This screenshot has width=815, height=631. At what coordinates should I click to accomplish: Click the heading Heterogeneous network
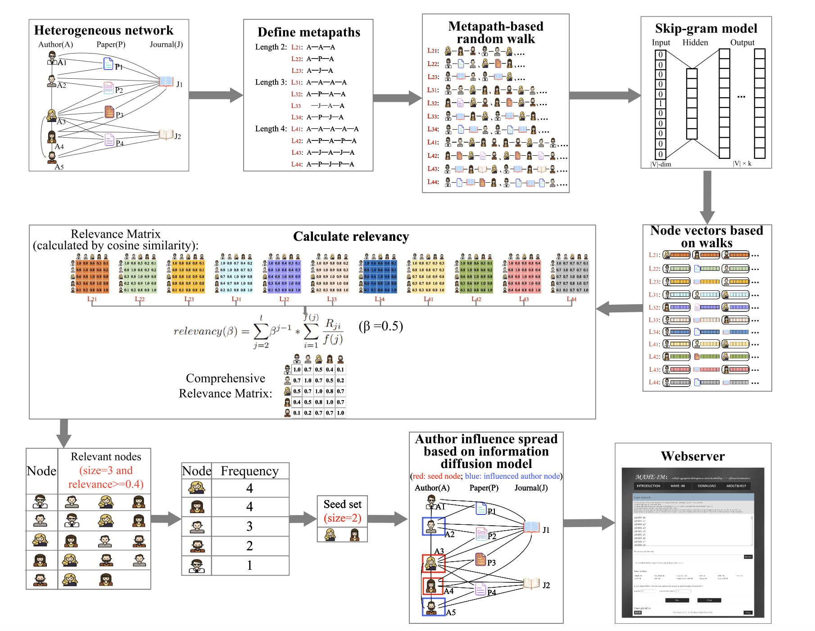point(104,30)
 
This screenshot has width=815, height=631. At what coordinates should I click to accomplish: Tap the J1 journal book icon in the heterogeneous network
point(166,81)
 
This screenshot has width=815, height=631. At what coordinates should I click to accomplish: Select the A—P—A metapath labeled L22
point(320,59)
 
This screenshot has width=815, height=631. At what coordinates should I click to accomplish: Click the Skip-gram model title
point(706,28)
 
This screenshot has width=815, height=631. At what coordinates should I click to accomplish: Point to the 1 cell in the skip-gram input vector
point(660,104)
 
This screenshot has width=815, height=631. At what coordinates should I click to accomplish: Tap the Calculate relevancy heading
point(351,236)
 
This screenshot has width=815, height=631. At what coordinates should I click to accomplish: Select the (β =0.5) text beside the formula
point(380,326)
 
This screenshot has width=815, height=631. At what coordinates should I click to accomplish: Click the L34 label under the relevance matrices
point(380,299)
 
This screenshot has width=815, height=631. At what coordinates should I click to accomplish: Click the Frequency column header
point(249,471)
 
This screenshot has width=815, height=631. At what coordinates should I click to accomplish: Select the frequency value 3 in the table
point(249,526)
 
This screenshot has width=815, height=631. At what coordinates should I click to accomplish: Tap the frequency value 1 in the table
point(249,565)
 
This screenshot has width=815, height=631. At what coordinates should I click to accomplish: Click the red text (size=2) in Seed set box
point(342,518)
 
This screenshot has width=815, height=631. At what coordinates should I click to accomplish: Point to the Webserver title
point(693,456)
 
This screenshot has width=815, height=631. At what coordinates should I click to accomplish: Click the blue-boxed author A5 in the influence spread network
point(431,607)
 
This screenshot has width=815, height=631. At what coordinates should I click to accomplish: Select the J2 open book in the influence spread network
point(531,584)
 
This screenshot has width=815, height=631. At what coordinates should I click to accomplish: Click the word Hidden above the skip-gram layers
point(695,42)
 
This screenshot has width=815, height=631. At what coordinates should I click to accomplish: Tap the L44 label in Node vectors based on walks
point(654,382)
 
